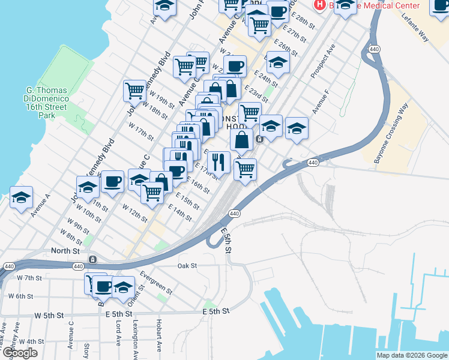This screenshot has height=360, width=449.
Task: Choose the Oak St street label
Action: coord(187,265)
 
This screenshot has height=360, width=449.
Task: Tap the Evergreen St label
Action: coord(156,282)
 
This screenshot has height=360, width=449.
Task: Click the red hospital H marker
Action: coord(320,4)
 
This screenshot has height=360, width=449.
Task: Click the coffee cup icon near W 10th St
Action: coord(112,181)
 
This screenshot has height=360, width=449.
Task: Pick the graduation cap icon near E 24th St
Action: coord(278,62)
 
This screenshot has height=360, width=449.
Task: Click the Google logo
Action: coord(20,353)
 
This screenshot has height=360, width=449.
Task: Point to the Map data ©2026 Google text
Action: coord(412,355)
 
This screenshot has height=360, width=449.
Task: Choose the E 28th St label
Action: coord(305,22)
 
